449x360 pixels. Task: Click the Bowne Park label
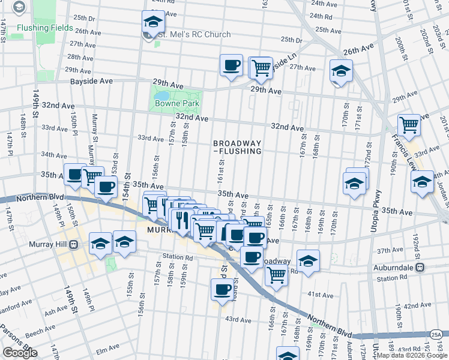pos(176,103)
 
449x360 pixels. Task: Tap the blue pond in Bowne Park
pos(161,95)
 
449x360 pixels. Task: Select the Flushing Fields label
pos(45,28)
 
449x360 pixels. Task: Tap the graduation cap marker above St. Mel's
pos(153,22)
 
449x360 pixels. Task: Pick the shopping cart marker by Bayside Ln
pos(261,68)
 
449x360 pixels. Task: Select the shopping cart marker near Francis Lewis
pos(409,125)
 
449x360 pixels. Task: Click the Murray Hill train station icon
pos(74,244)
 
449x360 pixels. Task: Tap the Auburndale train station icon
pos(421,267)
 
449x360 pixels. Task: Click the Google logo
pos(20,353)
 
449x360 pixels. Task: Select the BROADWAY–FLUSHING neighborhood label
pos(238,147)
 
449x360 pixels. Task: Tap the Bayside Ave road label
pos(91,80)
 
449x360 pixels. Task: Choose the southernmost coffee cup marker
pos(222,290)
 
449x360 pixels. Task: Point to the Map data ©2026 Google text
pos(412,355)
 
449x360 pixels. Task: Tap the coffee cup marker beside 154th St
pos(106,187)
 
